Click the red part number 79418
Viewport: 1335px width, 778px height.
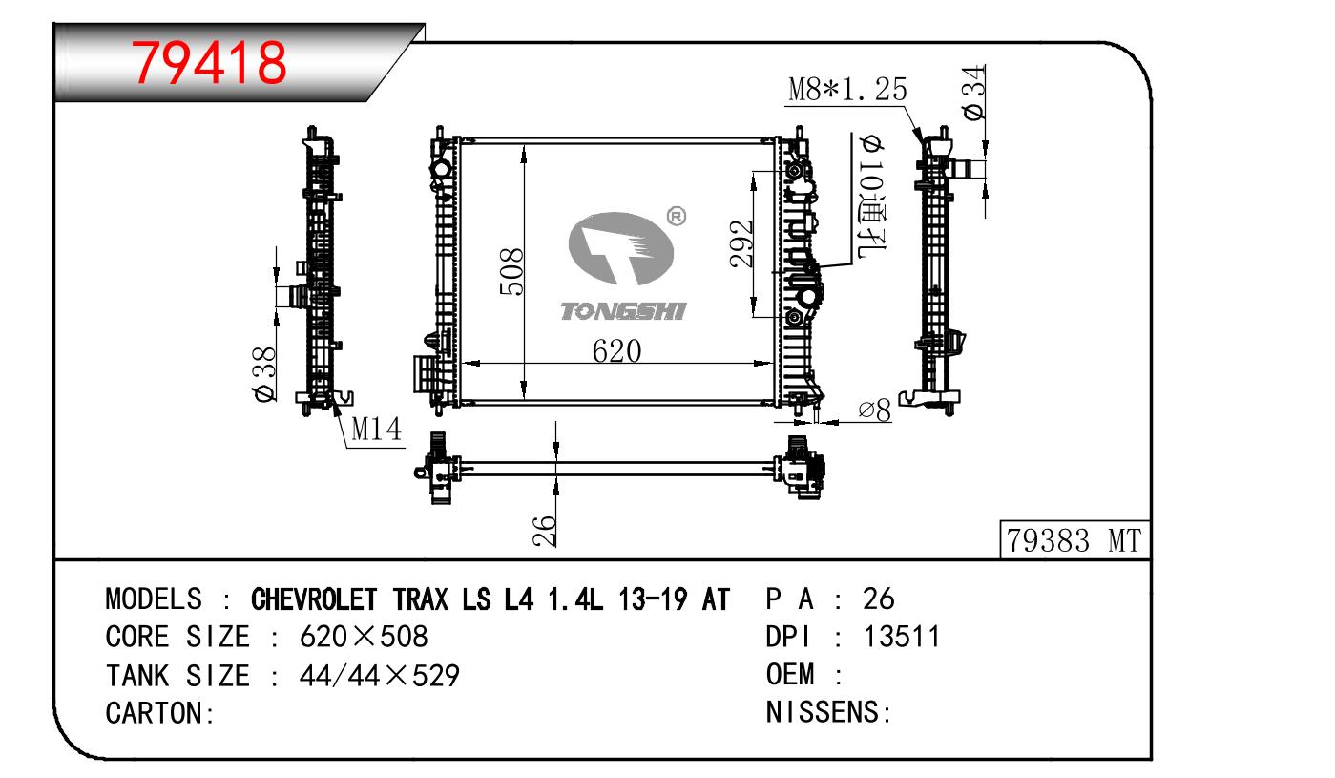[x=209, y=63]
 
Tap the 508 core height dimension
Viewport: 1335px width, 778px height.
[x=511, y=272]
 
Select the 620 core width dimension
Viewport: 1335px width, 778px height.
[x=616, y=351]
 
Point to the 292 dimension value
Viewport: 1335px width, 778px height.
[x=741, y=243]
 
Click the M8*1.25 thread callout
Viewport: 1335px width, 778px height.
[x=847, y=90]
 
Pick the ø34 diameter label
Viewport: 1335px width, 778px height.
[x=974, y=93]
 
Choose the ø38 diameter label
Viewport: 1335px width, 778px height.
[x=264, y=374]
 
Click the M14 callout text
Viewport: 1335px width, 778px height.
[x=377, y=429]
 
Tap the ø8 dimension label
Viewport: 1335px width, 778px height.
[x=875, y=410]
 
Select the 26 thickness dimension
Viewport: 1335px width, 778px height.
[x=544, y=531]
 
